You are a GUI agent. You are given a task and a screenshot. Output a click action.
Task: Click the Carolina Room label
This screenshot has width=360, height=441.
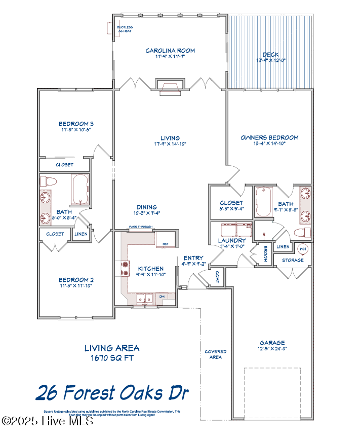pos(170,51)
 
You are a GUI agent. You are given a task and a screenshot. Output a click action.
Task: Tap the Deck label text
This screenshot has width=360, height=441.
pos(270,55)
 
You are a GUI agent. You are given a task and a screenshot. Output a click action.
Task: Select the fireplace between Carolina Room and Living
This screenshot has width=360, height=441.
pos(170,87)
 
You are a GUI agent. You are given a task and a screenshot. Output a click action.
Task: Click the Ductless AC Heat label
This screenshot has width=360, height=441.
pos(124,29)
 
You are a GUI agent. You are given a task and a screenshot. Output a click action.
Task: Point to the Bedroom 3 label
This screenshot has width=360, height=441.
pos(76,124)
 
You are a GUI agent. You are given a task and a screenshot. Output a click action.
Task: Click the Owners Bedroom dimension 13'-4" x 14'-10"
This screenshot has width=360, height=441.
pos(269,144)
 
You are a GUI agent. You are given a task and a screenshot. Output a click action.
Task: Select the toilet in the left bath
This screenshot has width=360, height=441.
pos(50,181)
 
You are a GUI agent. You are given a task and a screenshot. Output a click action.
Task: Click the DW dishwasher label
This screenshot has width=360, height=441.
pos(162,296)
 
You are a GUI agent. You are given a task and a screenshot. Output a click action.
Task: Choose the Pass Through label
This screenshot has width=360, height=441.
pos(140,227)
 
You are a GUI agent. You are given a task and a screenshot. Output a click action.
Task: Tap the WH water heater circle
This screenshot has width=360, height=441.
pos(303,249)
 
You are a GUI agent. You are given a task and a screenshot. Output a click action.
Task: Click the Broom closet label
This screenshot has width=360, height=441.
pos(265,253)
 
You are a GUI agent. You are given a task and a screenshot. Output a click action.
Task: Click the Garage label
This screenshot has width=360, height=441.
pos(272,343)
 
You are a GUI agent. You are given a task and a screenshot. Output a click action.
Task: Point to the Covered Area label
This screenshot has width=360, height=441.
pos(215,354)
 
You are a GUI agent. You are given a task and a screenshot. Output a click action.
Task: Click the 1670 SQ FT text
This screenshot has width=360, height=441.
pos(112,357)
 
